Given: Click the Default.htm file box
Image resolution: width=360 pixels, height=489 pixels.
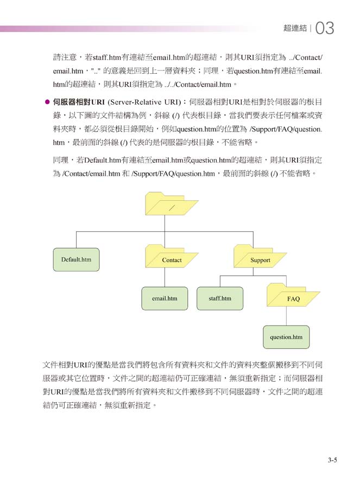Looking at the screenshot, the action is (76, 259).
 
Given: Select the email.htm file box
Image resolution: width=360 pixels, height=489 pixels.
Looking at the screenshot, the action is (165, 299).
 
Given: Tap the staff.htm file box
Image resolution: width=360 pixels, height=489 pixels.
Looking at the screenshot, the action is (220, 299).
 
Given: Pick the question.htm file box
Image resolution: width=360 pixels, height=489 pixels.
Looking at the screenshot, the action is (286, 337).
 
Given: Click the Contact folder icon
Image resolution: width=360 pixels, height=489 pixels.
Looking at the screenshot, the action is (172, 256).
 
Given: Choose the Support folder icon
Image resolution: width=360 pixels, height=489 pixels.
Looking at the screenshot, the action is (260, 256).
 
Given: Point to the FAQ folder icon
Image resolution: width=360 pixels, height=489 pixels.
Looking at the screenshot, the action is (293, 295).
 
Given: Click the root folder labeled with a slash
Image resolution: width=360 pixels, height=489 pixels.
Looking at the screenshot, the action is (172, 204).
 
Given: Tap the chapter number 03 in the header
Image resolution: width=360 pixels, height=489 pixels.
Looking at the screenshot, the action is (325, 28).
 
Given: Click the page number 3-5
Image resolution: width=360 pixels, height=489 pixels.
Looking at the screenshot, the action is (332, 460).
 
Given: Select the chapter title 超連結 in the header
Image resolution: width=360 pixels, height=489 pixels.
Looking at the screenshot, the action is (295, 28).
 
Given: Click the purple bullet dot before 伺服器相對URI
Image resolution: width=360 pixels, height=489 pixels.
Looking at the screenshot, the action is (47, 102).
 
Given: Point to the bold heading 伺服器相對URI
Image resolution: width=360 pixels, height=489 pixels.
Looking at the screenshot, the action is (79, 102).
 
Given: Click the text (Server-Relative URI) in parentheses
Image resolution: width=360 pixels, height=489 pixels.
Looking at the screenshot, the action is (144, 102).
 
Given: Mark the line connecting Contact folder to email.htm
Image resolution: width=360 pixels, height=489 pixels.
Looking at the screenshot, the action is (165, 277).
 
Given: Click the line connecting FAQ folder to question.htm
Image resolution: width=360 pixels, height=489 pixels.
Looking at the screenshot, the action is (286, 316).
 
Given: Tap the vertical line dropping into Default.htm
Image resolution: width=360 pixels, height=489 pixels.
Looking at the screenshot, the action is (76, 240).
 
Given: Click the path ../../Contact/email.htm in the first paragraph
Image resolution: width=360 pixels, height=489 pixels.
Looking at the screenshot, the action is (198, 85).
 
